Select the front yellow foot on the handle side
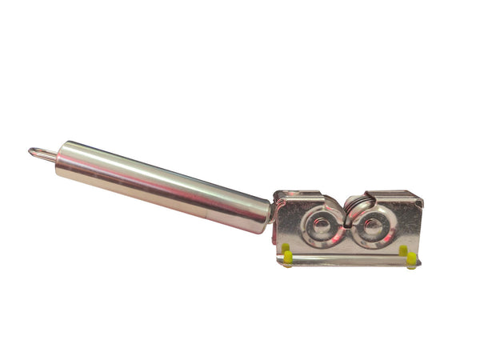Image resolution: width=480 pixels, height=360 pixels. tap(288, 258)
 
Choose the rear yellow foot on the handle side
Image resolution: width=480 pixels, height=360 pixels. tap(283, 248)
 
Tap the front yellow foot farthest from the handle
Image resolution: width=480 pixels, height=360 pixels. tap(411, 259)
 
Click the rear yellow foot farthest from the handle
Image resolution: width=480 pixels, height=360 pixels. tap(403, 250)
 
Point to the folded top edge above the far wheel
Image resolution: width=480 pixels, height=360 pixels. tap(392, 195)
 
